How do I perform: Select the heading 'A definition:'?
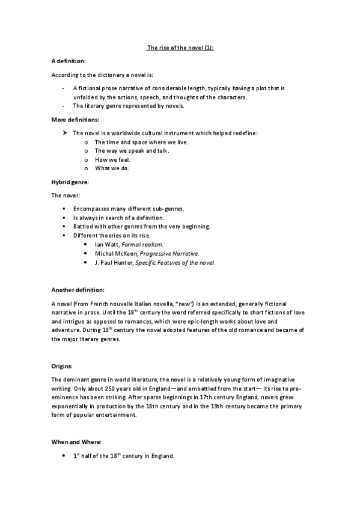coord(69,61)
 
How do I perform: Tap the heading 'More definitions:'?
coord(75,120)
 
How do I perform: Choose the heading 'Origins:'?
coord(63,366)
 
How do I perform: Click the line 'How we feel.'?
coord(113,159)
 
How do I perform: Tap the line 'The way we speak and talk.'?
coord(132,150)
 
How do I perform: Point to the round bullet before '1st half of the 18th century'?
coord(64,456)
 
